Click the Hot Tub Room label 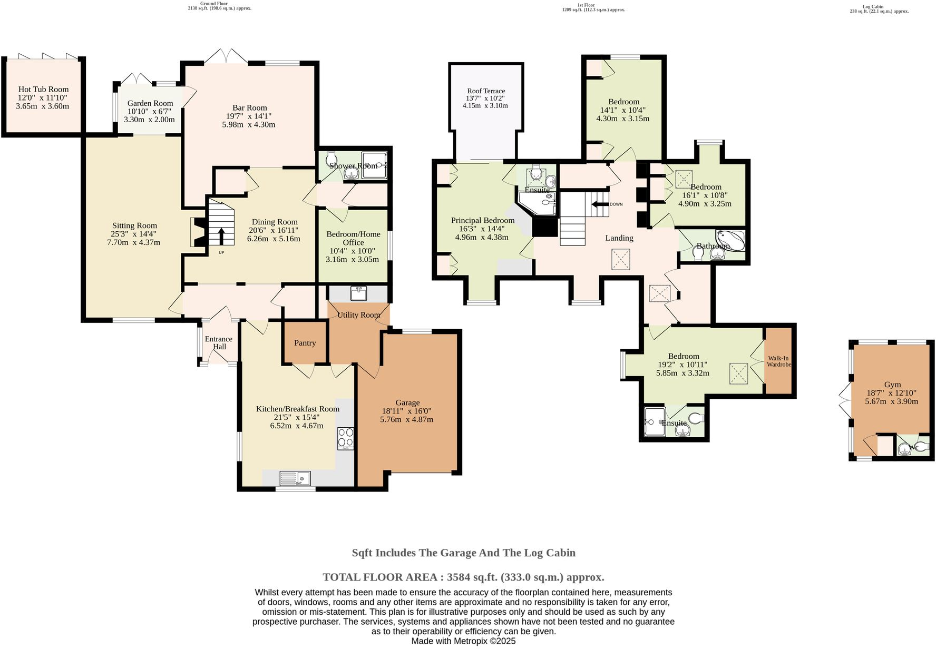click(x=43, y=90)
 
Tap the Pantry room click(x=305, y=343)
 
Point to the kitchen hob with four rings click(x=346, y=438)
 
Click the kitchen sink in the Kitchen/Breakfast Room click(x=296, y=478)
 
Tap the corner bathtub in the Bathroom click(x=731, y=240)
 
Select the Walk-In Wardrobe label click(x=778, y=361)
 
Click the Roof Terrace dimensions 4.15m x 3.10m click(x=485, y=105)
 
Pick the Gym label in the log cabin click(x=892, y=385)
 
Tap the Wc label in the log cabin click(x=914, y=448)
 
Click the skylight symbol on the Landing click(x=621, y=260)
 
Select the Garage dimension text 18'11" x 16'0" click(x=407, y=411)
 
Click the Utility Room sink click(x=359, y=293)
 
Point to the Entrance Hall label click(x=218, y=342)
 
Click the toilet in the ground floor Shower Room click(x=331, y=158)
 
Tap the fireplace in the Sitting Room click(x=196, y=232)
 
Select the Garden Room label click(x=150, y=103)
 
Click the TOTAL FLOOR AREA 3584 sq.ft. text click(x=463, y=577)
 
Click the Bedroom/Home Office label click(x=353, y=238)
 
